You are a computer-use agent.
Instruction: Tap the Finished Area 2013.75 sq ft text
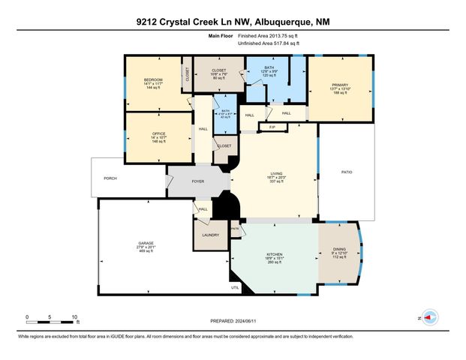[267, 36]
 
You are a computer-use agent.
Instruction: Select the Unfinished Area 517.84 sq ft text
[269, 43]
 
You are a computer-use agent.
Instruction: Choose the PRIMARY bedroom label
[340, 85]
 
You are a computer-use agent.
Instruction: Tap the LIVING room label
[277, 174]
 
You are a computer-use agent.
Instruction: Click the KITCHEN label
[274, 255]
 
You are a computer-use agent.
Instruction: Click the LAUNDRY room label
[210, 235]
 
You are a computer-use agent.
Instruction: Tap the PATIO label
[347, 172]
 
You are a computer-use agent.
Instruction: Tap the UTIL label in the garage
[235, 287]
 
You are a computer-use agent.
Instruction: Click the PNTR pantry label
[234, 228]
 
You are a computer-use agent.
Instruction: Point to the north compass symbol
[430, 317]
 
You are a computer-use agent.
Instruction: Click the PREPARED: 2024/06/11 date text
[232, 319]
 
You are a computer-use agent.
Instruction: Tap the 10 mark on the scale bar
[74, 316]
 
